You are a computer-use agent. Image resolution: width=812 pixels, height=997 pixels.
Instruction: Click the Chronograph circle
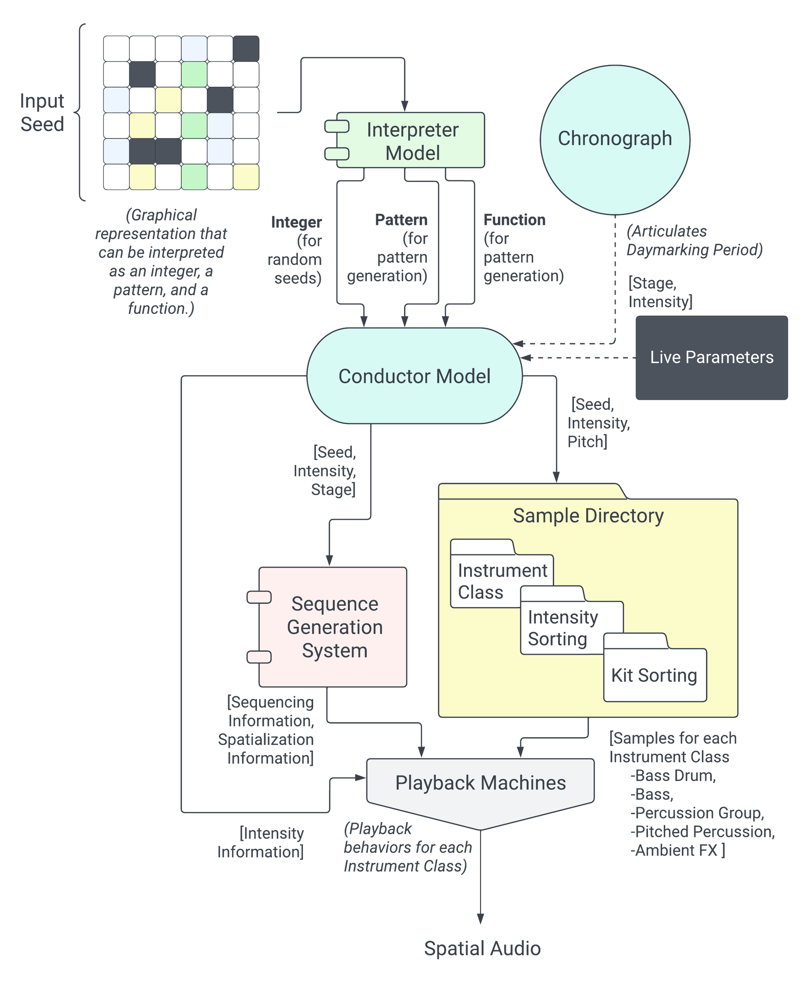615,139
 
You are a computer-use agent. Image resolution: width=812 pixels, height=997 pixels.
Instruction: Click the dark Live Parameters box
711,357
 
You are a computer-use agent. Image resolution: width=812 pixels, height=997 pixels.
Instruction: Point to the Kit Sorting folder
654,675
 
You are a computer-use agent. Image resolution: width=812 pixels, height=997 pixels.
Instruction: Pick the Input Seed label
42,113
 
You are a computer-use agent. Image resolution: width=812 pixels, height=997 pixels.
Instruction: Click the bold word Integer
297,222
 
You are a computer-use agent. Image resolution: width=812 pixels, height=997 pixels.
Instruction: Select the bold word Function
514,220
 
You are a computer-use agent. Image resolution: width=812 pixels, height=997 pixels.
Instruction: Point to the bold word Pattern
401,220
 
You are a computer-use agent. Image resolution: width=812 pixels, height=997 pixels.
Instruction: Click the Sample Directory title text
588,515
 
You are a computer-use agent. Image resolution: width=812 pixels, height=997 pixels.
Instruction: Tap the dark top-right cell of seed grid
246,48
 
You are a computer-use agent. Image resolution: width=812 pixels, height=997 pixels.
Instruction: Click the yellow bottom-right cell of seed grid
246,177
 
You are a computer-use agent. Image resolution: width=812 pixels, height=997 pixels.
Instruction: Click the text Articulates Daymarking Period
694,240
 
